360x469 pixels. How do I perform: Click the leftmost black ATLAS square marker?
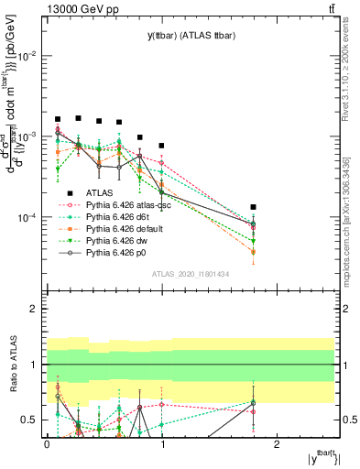58,119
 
